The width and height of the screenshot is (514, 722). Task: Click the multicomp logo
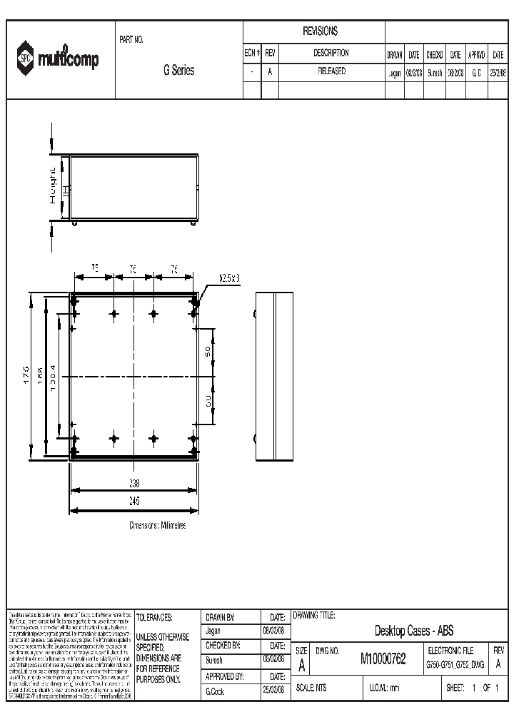(x=59, y=59)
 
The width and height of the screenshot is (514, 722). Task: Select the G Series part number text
(x=178, y=71)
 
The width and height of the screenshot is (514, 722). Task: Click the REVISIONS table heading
(x=321, y=31)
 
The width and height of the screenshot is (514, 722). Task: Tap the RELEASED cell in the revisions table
(x=331, y=71)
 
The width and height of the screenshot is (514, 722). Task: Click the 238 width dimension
(x=133, y=483)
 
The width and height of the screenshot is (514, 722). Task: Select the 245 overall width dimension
(x=133, y=501)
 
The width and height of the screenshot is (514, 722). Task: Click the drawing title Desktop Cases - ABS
(x=413, y=631)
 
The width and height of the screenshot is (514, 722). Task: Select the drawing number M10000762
(x=383, y=659)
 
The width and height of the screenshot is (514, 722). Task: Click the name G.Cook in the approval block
(x=215, y=691)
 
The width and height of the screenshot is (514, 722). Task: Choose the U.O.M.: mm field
(x=384, y=688)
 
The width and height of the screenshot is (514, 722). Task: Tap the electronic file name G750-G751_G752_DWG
(x=455, y=664)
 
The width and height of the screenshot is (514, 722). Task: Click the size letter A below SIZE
(x=301, y=665)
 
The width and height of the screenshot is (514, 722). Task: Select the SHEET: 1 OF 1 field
(x=471, y=688)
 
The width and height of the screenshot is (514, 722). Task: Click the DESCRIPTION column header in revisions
(x=331, y=54)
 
